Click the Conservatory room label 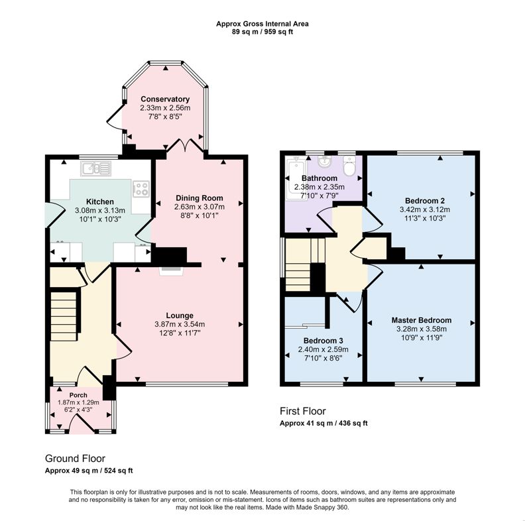[165, 99]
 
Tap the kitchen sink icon [95, 168]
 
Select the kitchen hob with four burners [141, 189]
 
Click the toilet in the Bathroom [349, 166]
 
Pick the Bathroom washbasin [324, 162]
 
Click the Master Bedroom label [422, 320]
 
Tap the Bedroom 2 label [425, 201]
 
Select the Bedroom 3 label [323, 341]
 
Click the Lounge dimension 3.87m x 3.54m [180, 324]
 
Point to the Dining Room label [200, 198]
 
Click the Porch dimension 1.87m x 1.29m [78, 402]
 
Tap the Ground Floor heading [76, 459]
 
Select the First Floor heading [303, 411]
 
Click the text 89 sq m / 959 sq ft [262, 32]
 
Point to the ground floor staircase [64, 316]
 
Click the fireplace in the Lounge [171, 271]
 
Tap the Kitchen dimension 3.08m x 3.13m [100, 211]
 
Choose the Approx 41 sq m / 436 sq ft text [323, 423]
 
